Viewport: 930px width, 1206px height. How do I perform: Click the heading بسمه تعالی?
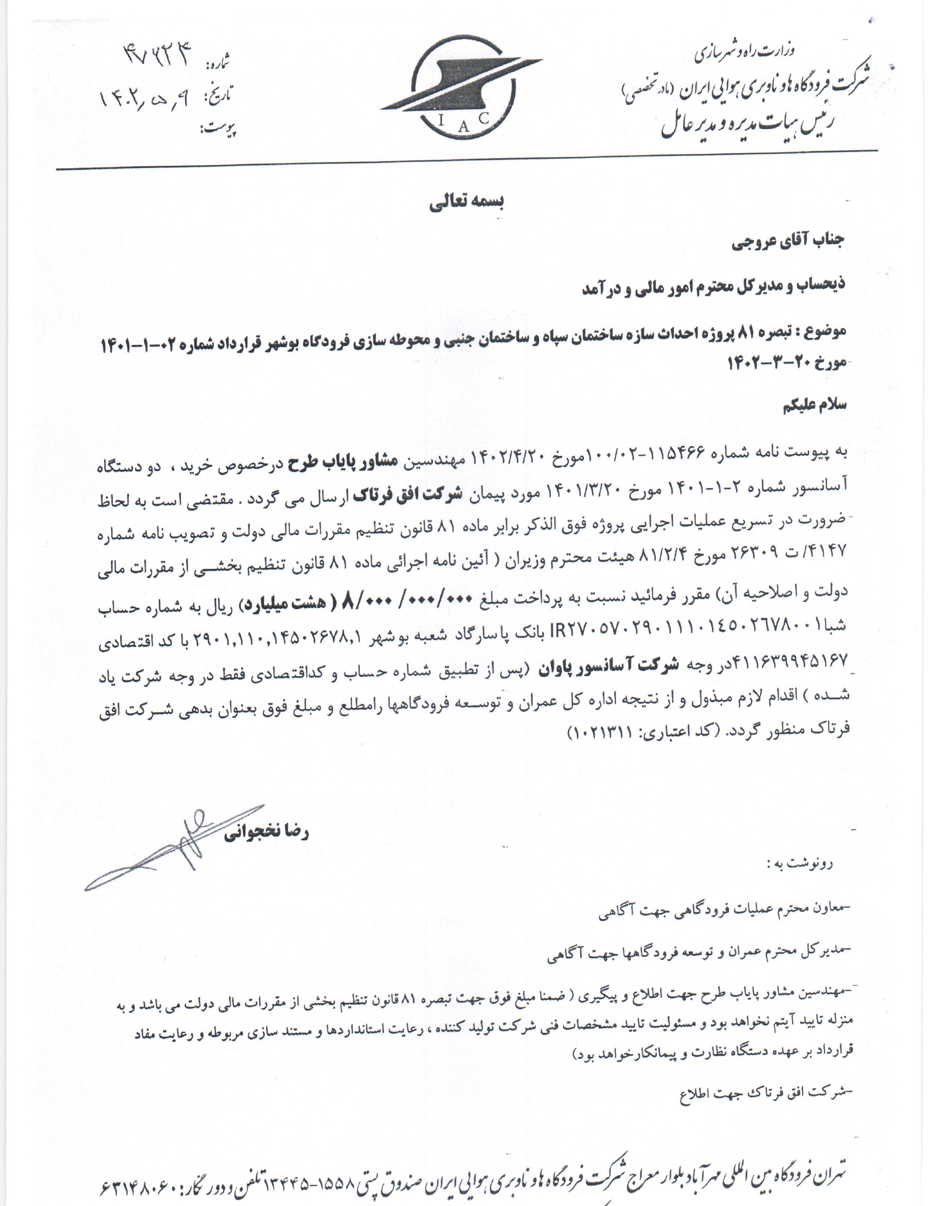[467, 202]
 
